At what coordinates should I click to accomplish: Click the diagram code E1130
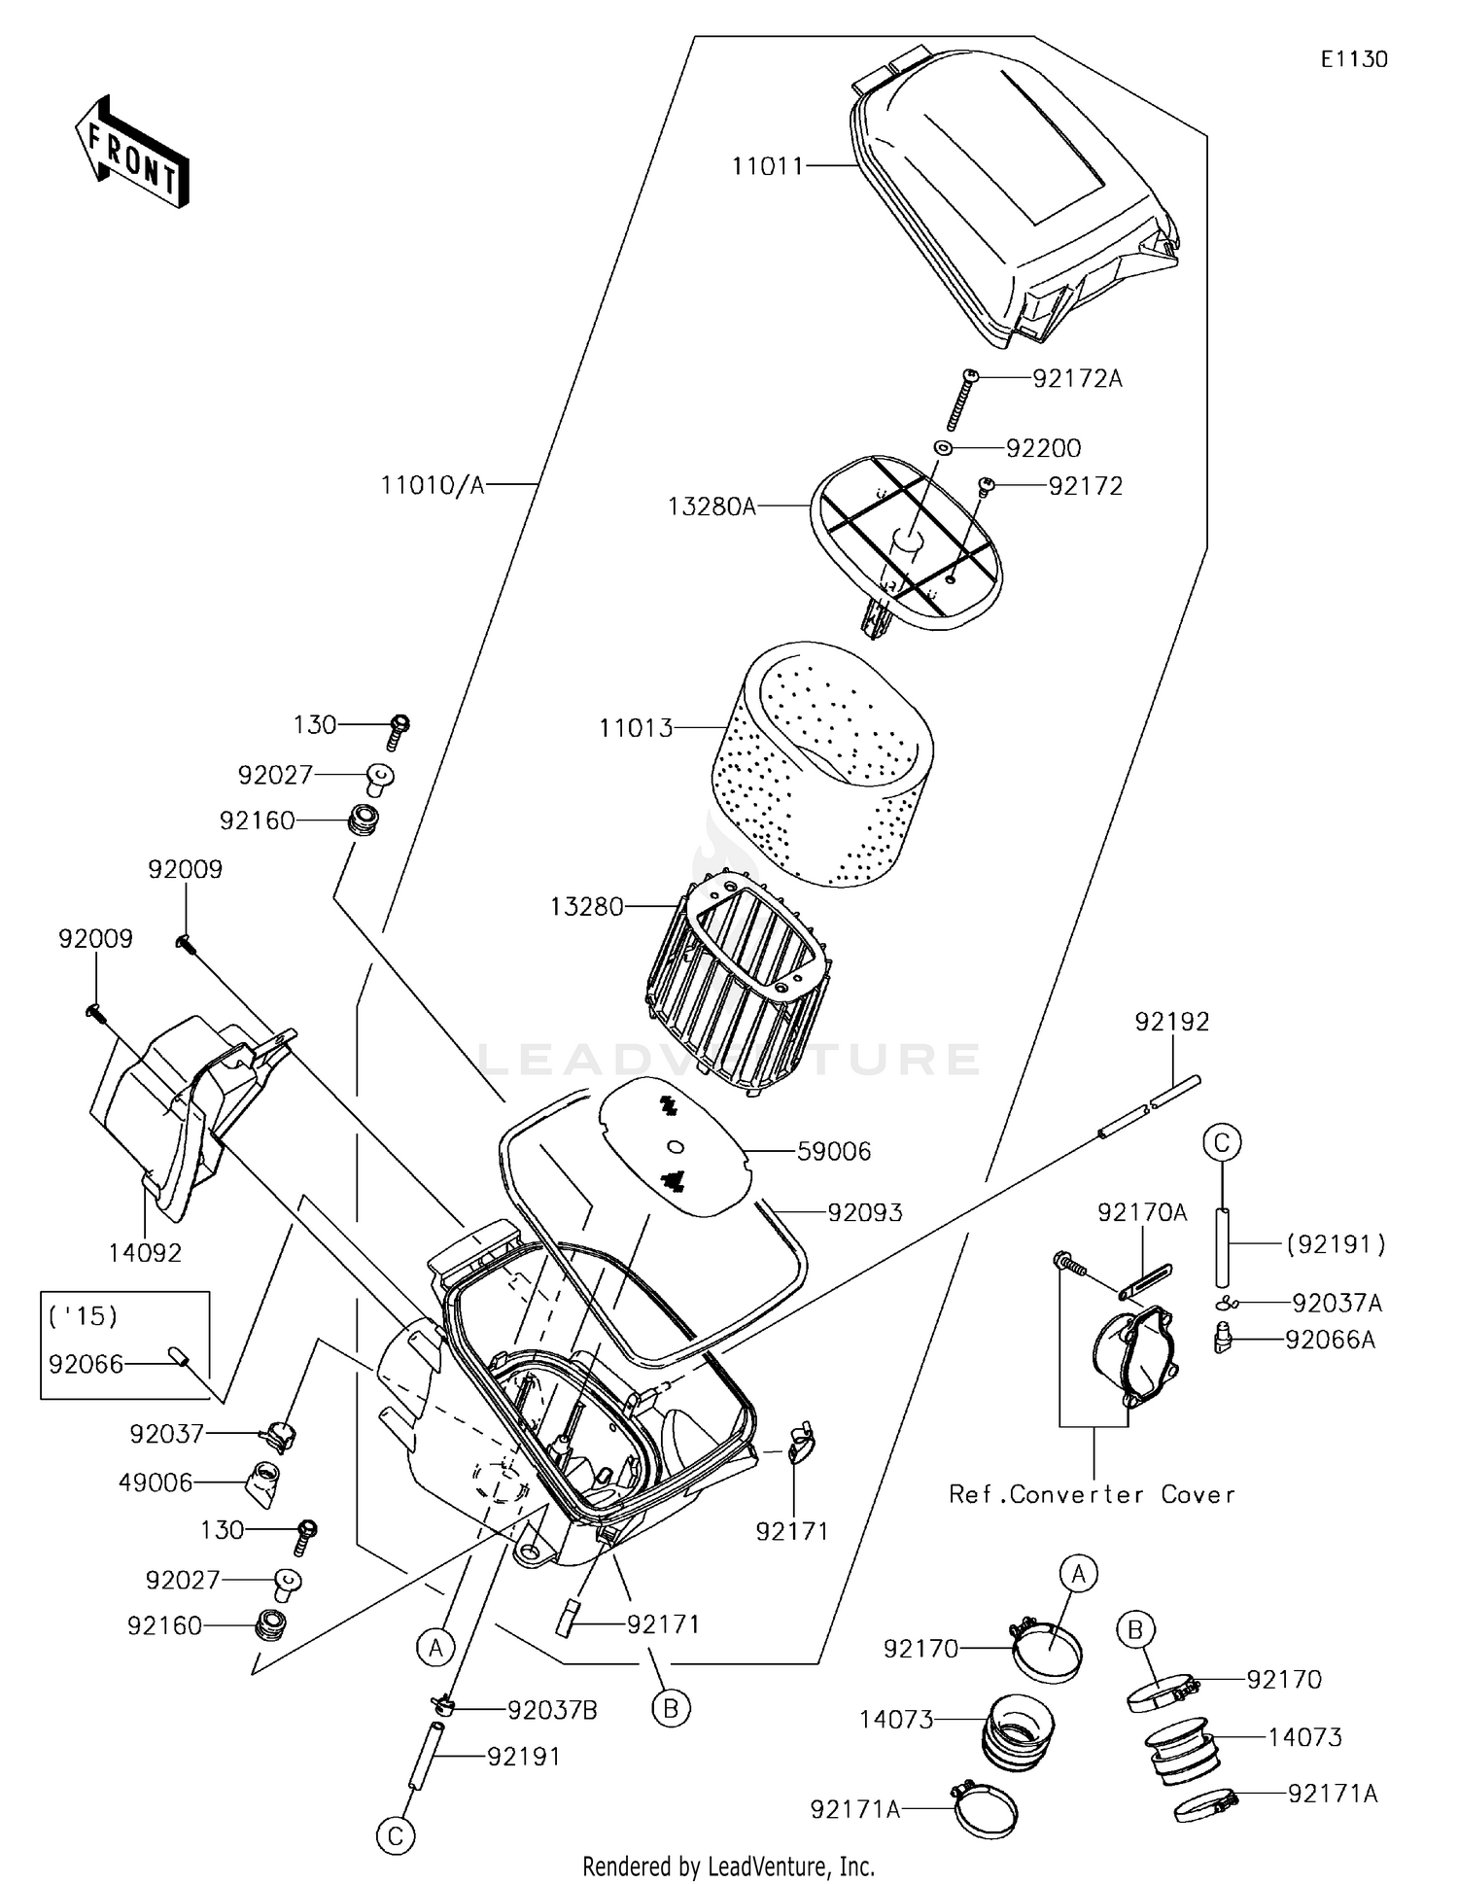coord(1353,59)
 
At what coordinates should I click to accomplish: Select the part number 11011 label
coord(768,166)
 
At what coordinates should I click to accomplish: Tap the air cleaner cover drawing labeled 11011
coord(1011,204)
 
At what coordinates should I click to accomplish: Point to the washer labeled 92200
coord(942,448)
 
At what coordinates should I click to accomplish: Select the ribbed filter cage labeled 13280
coord(739,982)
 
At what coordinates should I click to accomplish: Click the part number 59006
coord(834,1152)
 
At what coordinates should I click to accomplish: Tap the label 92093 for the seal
coord(865,1212)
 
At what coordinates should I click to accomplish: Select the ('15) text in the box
coord(83,1316)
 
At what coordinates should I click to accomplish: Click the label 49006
coord(156,1483)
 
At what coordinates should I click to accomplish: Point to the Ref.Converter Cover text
coord(1092,1494)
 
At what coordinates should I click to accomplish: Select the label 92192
coord(1172,1022)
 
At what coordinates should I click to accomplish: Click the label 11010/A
coord(432,484)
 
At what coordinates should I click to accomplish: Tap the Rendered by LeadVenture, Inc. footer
coord(728,1866)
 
